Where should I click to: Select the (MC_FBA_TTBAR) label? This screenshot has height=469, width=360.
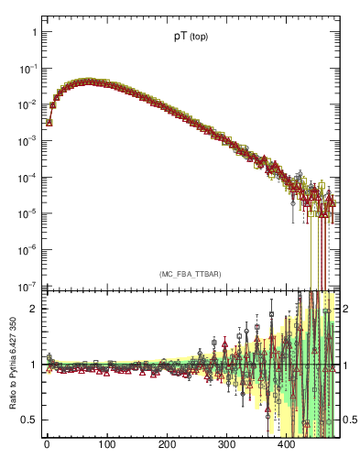(x=191, y=274)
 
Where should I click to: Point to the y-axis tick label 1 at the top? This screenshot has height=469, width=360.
(x=34, y=32)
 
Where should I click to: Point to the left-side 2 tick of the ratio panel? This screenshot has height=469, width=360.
(x=34, y=309)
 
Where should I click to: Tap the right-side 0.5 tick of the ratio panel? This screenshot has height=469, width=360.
(x=350, y=420)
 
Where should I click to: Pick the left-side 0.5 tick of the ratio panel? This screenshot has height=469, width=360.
(x=29, y=420)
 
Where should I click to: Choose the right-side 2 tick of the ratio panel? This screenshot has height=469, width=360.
(x=346, y=309)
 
